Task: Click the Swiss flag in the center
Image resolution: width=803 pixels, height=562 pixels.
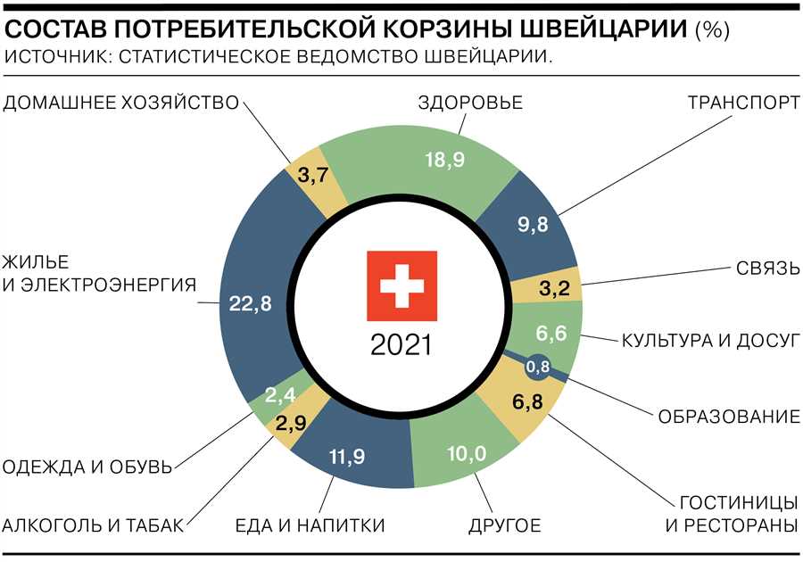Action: coord(401,285)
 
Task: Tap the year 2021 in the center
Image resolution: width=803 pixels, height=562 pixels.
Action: coord(401,344)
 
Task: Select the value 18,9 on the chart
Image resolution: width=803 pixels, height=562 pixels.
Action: coord(443,160)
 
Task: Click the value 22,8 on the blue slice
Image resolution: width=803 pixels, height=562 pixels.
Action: coord(250,303)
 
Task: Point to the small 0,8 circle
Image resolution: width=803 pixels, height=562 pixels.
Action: coord(538,366)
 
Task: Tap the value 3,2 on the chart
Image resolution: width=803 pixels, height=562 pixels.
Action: coord(548,288)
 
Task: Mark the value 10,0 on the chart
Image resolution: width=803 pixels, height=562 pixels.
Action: coord(466,454)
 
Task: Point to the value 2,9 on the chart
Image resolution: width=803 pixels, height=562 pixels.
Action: coord(292,421)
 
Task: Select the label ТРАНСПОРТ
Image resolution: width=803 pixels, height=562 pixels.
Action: coord(743,102)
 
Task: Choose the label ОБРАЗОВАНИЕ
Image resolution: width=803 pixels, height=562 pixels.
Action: coord(728,417)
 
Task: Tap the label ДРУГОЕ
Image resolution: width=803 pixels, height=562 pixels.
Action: coord(505,525)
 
